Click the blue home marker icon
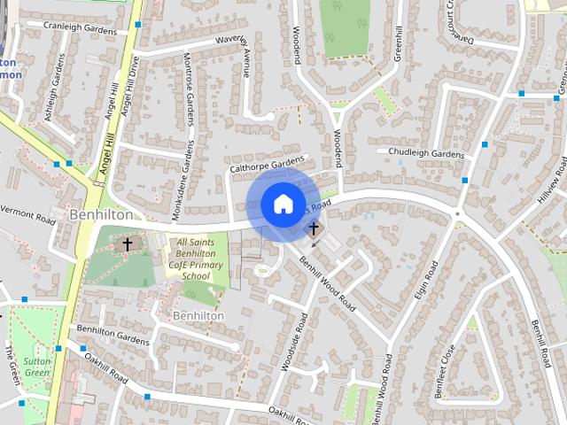(x=282, y=205)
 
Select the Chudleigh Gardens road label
(x=426, y=154)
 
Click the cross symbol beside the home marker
(x=313, y=229)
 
